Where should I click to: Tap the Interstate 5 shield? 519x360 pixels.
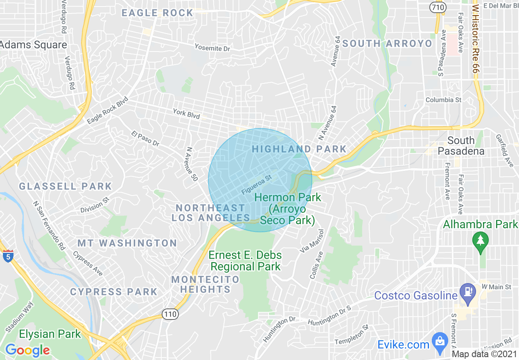point(8,257)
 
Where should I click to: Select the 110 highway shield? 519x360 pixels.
point(170,314)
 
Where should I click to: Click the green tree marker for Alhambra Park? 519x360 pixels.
point(480,241)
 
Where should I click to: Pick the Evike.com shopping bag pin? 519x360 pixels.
point(440,342)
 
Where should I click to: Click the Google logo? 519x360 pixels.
point(27,350)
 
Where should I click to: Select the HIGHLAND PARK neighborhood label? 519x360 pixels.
point(299,149)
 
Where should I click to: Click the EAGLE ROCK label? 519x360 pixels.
point(158,13)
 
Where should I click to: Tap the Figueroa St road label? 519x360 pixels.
point(257,185)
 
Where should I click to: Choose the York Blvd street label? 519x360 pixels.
point(186,114)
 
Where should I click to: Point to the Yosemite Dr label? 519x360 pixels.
point(212,48)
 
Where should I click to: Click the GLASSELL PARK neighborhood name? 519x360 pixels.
point(65,187)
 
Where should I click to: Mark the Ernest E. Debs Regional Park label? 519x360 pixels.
point(245,261)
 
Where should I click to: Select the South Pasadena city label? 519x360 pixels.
point(461,146)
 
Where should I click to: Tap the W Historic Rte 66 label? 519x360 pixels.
point(475,39)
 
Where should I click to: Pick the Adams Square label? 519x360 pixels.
point(34,45)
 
